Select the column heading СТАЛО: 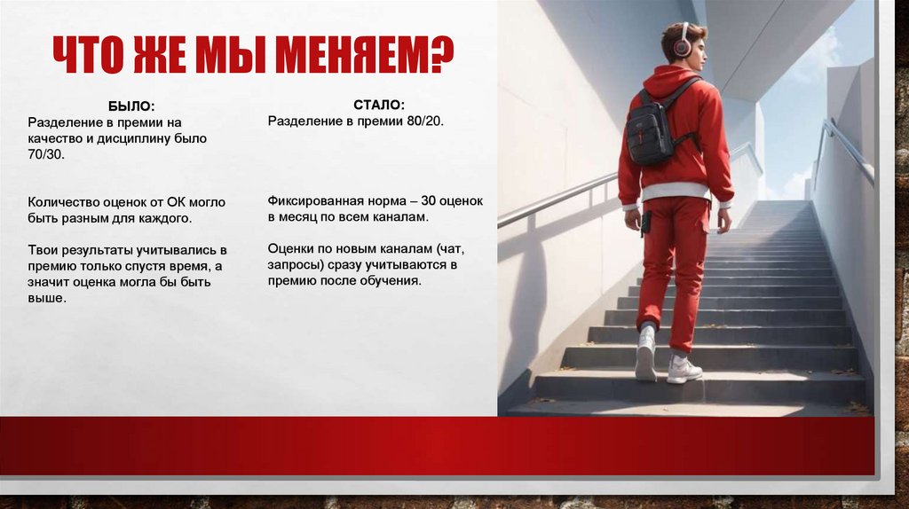[379, 106]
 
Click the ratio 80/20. [424, 121]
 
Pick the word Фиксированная [311, 201]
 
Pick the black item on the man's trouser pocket [645, 222]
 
